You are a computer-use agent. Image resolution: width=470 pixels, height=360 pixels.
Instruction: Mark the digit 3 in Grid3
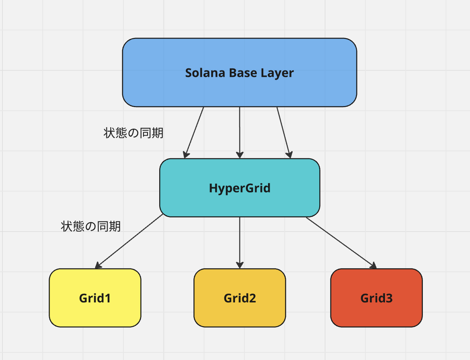tap(389, 298)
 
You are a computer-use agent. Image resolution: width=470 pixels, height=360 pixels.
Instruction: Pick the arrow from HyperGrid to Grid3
tap(341, 242)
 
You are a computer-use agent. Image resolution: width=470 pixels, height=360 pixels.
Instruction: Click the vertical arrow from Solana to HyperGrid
tap(240, 131)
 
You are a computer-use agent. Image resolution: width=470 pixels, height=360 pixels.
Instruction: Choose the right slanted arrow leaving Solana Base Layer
tap(283, 131)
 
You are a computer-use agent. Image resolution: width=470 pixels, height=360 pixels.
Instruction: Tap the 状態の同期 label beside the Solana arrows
tap(134, 133)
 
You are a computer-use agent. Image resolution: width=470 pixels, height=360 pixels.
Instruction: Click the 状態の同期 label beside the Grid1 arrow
tap(91, 226)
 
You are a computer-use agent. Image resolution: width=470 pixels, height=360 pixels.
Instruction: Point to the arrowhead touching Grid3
tap(373, 266)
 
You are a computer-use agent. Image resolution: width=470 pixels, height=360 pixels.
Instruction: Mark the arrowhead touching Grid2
tap(240, 265)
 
